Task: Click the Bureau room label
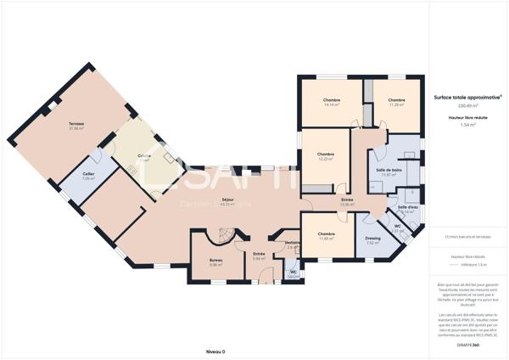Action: point(215,262)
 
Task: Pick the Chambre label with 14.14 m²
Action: point(331,101)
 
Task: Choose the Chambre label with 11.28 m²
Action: point(396,101)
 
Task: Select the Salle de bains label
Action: point(389,172)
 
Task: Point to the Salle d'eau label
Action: point(408,208)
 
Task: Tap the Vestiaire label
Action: point(293,244)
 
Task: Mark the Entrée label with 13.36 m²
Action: point(346,200)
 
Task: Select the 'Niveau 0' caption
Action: point(215,351)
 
